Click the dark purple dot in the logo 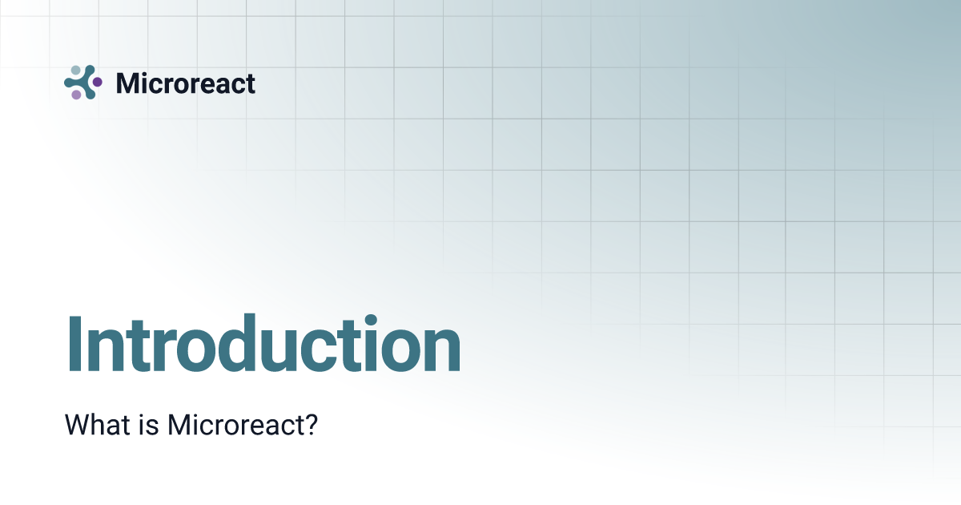98,82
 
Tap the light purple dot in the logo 76,95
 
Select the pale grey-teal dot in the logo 76,71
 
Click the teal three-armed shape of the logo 83,83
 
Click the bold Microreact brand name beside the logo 185,83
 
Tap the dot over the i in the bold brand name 146,74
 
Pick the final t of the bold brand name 250,84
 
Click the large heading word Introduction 263,344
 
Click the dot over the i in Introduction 371,320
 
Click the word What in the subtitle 98,425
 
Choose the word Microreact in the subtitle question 237,425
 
